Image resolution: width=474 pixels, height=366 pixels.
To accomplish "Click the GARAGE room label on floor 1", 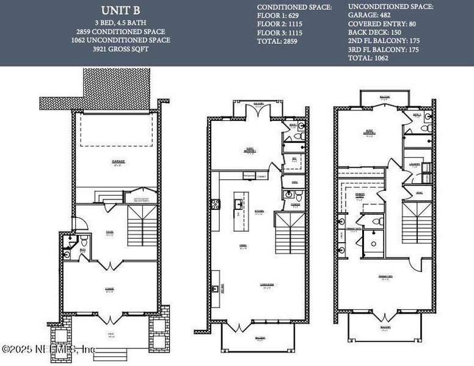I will click(x=119, y=162).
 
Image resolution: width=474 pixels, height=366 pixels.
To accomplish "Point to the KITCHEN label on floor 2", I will click(x=259, y=211).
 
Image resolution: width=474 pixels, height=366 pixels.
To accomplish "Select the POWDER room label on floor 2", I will click(x=295, y=205).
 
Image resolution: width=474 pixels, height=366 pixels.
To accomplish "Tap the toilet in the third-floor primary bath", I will click(x=378, y=221).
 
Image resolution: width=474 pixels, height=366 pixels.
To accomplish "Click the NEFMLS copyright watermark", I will click(x=49, y=349).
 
